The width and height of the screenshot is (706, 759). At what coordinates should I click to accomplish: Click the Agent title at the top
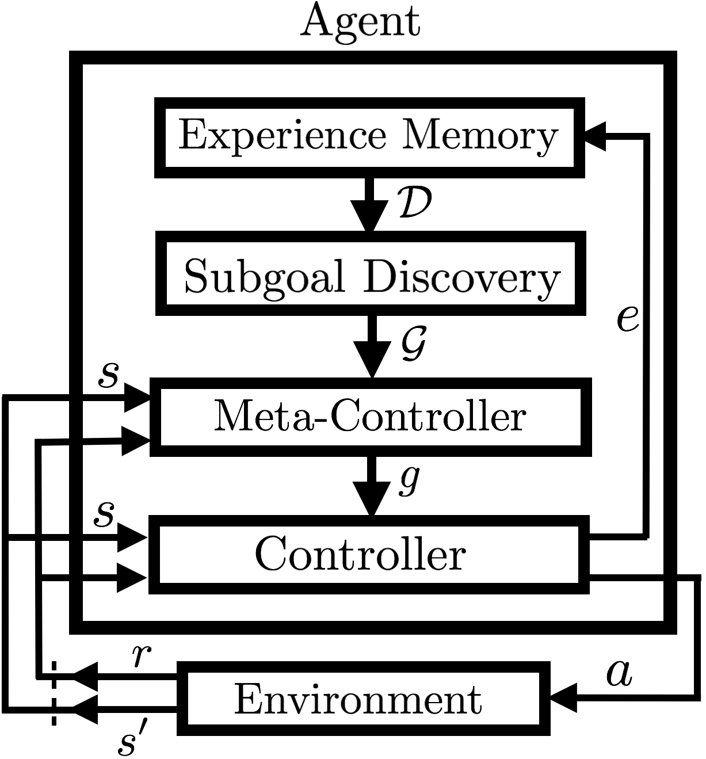(360, 22)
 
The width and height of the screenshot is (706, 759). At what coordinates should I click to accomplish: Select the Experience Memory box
(369, 137)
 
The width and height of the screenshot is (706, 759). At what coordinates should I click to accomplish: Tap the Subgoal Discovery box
(371, 274)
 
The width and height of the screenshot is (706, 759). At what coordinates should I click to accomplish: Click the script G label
(414, 344)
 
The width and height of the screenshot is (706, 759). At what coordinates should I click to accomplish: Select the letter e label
(627, 318)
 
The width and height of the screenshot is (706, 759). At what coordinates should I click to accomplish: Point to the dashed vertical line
(54, 693)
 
